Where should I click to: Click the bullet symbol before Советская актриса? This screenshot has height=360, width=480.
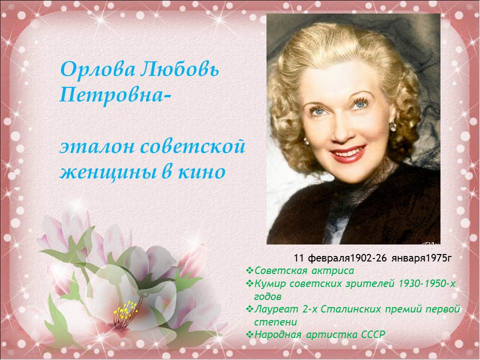249,270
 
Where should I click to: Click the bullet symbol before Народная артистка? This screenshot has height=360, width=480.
249,334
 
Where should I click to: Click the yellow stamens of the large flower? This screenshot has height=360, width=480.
125,310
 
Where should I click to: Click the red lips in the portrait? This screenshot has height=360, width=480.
348,154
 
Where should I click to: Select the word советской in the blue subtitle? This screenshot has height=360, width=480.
193,146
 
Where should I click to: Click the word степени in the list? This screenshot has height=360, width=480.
275,322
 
